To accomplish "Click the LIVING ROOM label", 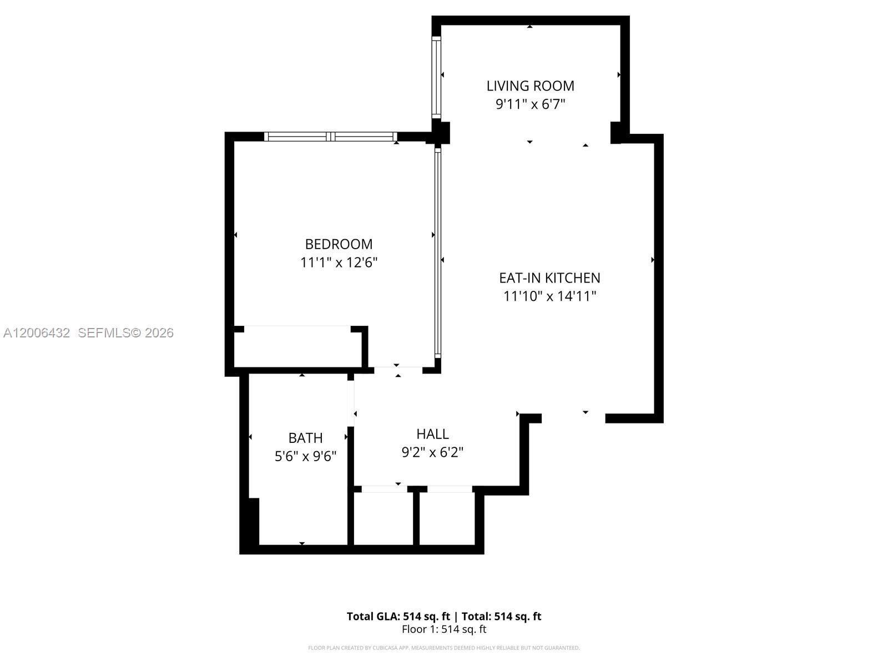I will click(x=530, y=85).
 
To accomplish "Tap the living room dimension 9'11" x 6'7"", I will click(x=530, y=104).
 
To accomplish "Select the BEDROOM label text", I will click(x=339, y=244).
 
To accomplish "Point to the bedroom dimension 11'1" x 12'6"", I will click(x=339, y=263).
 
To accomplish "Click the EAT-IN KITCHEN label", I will click(x=549, y=277).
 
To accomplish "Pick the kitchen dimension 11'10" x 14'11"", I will click(x=549, y=296).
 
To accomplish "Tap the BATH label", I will click(x=305, y=438).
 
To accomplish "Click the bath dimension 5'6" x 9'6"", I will click(x=305, y=456).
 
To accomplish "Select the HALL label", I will click(x=432, y=433).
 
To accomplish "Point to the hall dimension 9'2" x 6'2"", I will click(x=432, y=452).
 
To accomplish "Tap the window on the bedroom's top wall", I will click(x=331, y=137).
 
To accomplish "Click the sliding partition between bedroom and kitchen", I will click(x=437, y=253).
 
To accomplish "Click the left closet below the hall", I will click(x=383, y=519).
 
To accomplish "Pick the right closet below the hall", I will click(x=447, y=519).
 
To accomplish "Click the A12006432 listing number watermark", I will click(x=37, y=332).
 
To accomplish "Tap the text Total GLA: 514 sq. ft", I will click(x=398, y=616).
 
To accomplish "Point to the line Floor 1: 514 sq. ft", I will click(x=443, y=629).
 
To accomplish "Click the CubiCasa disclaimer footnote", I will click(x=443, y=648).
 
